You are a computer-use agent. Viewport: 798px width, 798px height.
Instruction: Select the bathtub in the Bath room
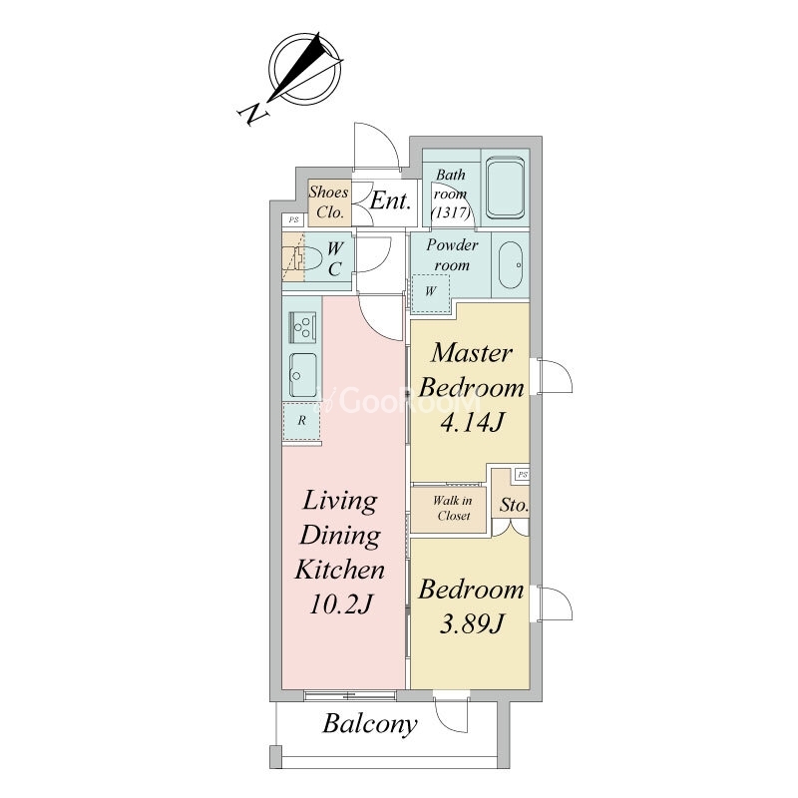(x=505, y=188)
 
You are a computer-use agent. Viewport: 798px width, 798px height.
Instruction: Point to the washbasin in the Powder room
(x=511, y=264)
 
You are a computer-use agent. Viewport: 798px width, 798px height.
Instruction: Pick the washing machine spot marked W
(x=431, y=292)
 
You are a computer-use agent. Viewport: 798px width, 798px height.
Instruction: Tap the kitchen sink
(x=303, y=375)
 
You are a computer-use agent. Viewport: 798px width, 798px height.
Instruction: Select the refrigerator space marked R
(x=302, y=420)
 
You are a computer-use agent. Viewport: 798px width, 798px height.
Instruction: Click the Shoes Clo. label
(x=329, y=202)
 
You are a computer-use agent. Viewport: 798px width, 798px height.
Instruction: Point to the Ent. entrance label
(x=390, y=200)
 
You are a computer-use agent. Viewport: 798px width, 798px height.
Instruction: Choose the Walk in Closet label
(x=453, y=508)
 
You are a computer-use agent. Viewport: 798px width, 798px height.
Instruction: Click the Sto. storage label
(x=514, y=505)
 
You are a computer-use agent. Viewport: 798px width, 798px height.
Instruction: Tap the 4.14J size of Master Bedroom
(x=472, y=422)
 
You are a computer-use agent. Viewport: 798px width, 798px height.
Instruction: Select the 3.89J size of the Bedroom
(x=472, y=623)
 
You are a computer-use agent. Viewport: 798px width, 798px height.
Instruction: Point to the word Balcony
(x=370, y=724)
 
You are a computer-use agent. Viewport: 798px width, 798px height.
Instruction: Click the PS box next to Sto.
(x=523, y=475)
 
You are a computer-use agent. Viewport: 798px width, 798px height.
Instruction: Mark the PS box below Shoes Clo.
(x=293, y=219)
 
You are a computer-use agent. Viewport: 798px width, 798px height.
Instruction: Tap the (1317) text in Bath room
(x=451, y=212)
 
